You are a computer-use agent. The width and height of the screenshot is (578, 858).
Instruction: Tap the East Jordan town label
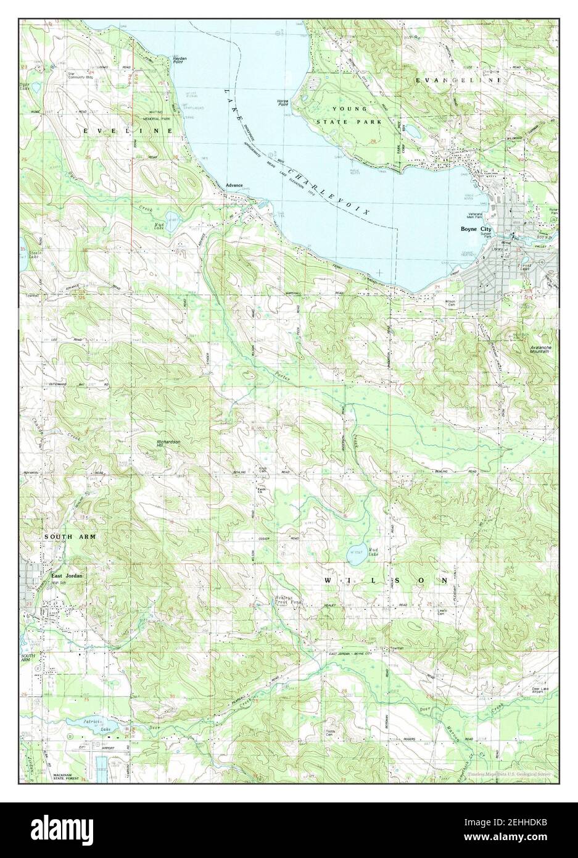(x=66, y=576)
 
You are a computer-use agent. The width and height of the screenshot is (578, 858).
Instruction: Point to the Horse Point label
(x=284, y=103)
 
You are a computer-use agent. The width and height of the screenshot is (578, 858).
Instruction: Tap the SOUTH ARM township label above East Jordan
(x=70, y=537)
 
